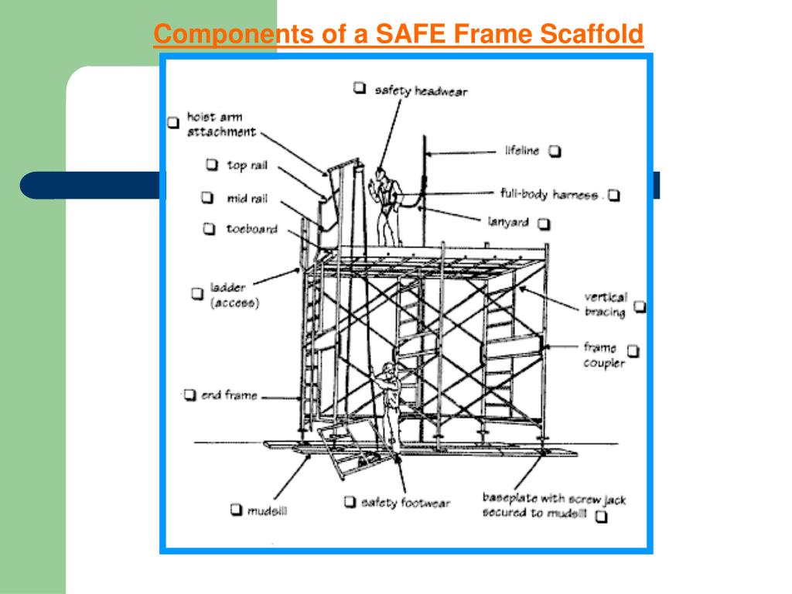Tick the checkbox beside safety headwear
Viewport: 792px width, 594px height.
click(359, 88)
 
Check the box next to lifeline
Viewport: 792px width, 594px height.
click(555, 151)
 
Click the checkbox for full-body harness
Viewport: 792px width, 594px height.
click(613, 195)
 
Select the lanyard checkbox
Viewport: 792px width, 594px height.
click(544, 224)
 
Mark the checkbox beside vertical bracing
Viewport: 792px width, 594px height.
click(640, 306)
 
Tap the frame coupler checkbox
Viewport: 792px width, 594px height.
click(633, 350)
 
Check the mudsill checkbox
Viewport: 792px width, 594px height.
click(237, 509)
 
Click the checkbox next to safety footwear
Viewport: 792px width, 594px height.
click(350, 501)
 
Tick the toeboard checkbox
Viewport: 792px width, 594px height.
click(209, 229)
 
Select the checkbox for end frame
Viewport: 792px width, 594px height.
click(189, 394)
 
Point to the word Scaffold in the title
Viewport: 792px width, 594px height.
click(592, 34)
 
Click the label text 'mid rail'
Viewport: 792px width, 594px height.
click(247, 199)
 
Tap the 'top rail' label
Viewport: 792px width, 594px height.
click(247, 166)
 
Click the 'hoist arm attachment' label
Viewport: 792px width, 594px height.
click(221, 125)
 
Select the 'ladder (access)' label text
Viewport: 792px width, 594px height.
click(235, 295)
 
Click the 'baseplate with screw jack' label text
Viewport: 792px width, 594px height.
click(554, 499)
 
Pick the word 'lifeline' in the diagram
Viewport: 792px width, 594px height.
click(522, 151)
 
